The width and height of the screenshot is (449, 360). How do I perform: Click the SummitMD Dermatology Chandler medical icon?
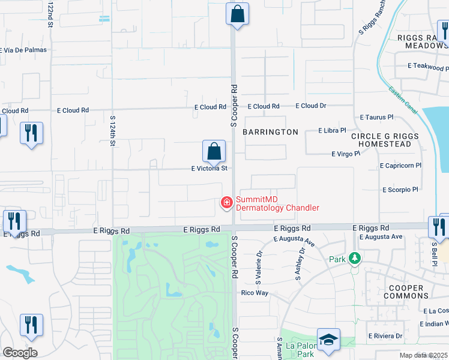(227, 203)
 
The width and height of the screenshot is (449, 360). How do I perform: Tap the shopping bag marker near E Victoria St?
(214, 151)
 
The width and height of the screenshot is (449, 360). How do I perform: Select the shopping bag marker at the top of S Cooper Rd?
(237, 14)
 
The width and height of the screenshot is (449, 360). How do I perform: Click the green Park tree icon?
(355, 259)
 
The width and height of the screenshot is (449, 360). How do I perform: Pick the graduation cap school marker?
(328, 340)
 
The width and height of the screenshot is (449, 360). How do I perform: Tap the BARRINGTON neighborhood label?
(270, 132)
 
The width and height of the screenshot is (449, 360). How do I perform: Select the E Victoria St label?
(209, 169)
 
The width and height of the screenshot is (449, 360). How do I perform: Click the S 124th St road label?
(112, 130)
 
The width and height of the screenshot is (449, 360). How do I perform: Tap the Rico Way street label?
(254, 293)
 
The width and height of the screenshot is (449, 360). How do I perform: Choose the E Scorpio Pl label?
(400, 190)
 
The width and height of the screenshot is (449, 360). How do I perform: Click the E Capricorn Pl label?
(401, 165)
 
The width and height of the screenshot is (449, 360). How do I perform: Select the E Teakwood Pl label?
(427, 65)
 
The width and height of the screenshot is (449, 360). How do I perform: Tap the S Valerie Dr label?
(259, 262)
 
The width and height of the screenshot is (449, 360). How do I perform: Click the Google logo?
(20, 353)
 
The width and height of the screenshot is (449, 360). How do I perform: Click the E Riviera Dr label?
(385, 335)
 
